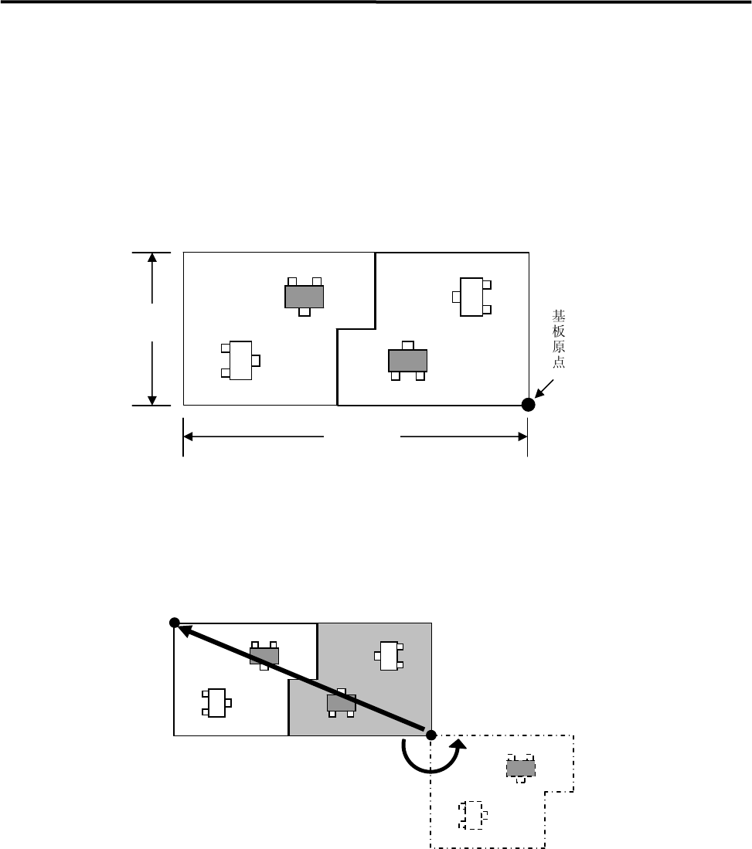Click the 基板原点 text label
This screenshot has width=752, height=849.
[558, 339]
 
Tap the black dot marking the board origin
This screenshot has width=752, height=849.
[528, 404]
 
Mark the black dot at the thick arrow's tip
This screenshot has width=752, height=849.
[175, 623]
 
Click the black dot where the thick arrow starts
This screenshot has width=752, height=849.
[431, 734]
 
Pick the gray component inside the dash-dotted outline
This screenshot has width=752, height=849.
[521, 768]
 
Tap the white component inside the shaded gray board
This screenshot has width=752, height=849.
[389, 656]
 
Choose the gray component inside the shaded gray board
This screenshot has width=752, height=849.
[342, 703]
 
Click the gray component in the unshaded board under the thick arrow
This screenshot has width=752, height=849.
[264, 656]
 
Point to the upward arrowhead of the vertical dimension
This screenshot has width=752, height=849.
[153, 259]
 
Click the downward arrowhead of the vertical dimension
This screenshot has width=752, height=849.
[153, 398]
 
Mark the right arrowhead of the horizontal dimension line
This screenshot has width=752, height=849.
[520, 436]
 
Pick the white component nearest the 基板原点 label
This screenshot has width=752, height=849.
[471, 297]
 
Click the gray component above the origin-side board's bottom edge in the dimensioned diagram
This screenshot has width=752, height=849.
[407, 361]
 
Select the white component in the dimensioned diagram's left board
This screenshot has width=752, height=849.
[241, 360]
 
